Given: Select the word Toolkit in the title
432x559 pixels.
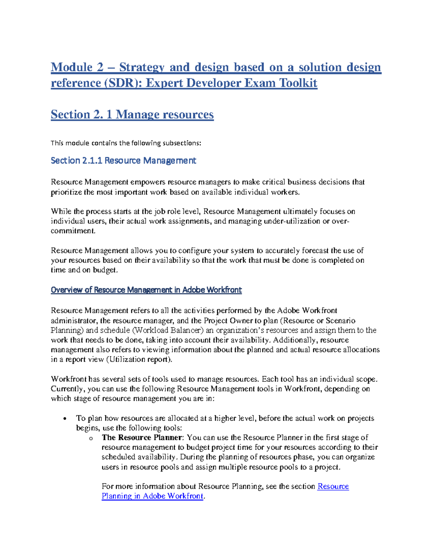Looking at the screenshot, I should (298, 83).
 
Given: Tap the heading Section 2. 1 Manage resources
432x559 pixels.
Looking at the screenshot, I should (132, 114).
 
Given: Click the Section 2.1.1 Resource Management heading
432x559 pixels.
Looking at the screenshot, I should (123, 161).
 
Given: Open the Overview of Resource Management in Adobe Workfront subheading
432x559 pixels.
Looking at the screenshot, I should (146, 290).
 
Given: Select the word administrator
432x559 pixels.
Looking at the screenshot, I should (74, 321).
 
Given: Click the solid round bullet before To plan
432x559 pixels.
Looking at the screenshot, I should (65, 419).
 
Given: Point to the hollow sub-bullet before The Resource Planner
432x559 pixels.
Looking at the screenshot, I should (91, 438).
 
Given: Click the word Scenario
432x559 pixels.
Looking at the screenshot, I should (340, 321).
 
